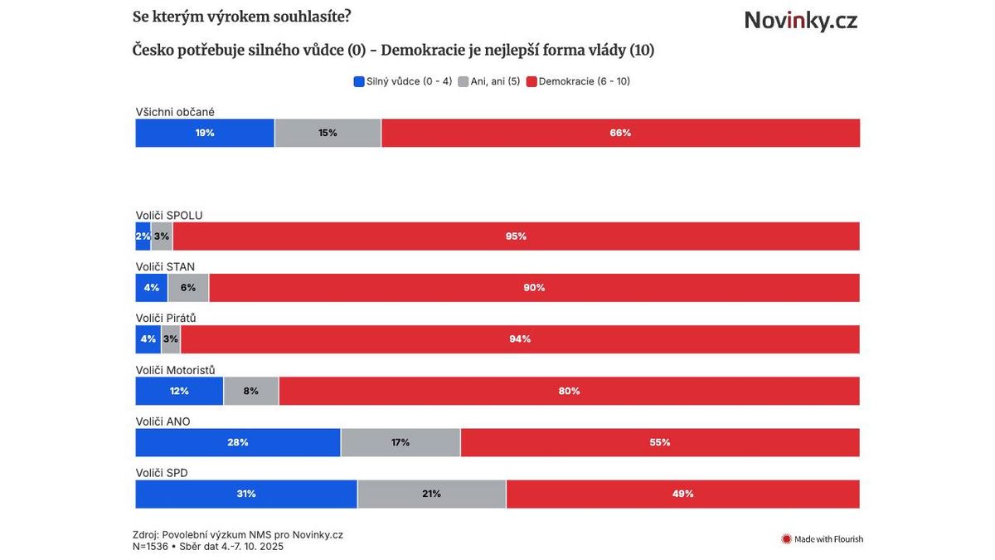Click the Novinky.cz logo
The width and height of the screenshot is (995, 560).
tap(800, 20)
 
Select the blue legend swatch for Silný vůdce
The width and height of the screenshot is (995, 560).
tap(359, 81)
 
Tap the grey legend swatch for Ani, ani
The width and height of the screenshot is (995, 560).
tap(463, 81)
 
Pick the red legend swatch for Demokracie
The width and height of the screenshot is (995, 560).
tap(531, 81)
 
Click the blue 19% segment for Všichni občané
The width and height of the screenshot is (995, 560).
tap(205, 133)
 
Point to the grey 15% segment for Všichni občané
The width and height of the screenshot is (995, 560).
tap(328, 133)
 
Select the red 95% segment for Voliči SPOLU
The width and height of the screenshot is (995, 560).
tap(516, 236)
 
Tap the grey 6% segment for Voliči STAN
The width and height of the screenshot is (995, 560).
tap(188, 288)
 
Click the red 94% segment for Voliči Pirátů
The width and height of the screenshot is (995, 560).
tap(520, 339)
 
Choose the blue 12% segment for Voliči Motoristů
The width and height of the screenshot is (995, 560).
tap(179, 391)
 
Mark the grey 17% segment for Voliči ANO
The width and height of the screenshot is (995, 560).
tap(400, 442)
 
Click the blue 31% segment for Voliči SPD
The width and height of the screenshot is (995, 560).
tap(246, 494)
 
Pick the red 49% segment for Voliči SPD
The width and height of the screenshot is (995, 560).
tap(682, 494)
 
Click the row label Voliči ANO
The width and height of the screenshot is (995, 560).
tap(163, 421)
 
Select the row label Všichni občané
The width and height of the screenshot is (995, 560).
tap(175, 111)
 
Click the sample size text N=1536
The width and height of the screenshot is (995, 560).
tap(150, 547)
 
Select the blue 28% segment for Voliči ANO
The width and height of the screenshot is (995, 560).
tap(238, 442)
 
